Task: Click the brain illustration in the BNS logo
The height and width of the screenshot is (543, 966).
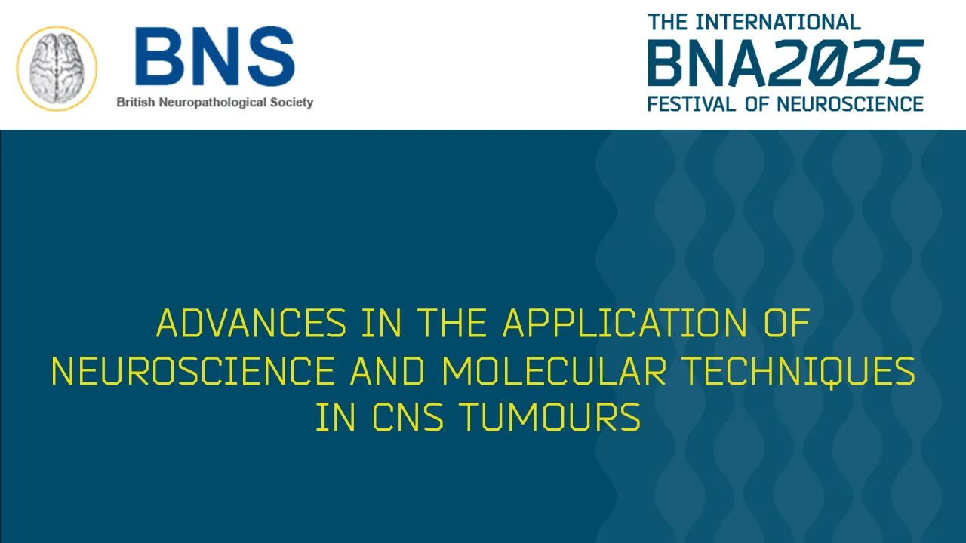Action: point(57,68)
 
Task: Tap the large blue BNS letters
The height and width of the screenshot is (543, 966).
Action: point(214,57)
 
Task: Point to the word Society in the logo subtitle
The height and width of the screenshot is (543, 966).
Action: point(291,103)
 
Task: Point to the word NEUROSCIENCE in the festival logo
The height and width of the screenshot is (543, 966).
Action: point(849,103)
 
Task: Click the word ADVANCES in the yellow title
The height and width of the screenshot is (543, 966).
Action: point(251,324)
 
